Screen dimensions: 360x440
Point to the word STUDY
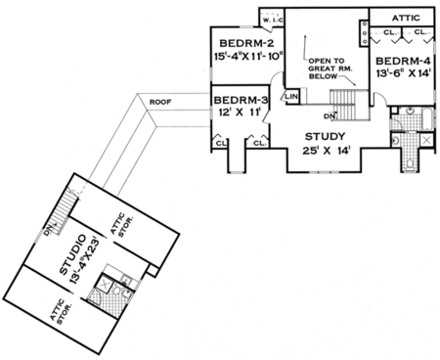pos(325,136)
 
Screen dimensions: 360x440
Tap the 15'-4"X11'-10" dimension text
pos(249,58)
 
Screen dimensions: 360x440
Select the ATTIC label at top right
pos(402,17)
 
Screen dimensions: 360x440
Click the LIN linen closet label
pos(290,97)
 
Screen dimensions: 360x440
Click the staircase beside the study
pos(344,99)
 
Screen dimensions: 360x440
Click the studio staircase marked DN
pos(65,207)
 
